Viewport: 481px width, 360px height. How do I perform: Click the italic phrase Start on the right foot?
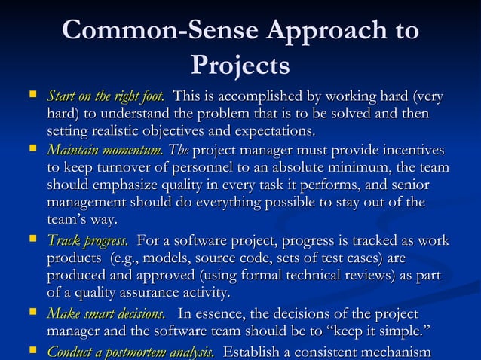pos(106,97)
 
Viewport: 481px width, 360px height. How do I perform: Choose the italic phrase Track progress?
pos(87,241)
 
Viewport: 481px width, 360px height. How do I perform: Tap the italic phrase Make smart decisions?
pos(106,313)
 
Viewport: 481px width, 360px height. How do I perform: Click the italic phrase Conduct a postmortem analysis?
pos(130,351)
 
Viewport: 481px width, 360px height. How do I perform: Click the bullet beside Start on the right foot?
pos(31,96)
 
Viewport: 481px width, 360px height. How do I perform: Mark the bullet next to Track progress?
pos(31,240)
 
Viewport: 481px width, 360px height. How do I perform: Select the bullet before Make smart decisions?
pos(31,313)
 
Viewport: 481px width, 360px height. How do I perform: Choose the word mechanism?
pos(392,351)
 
